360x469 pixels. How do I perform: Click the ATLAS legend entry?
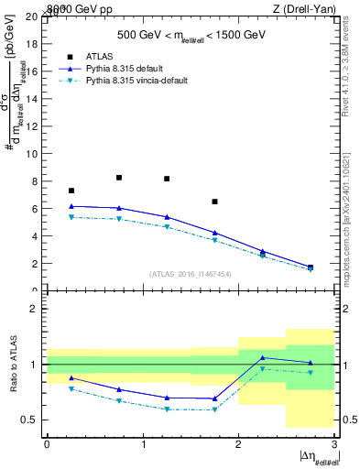(x=107, y=56)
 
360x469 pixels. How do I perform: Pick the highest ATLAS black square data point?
(x=119, y=178)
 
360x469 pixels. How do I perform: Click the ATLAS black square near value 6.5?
(x=214, y=202)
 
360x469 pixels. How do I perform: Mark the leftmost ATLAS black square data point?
(x=71, y=191)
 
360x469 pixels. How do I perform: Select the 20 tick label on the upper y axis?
(x=32, y=16)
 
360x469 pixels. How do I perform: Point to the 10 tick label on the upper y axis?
(x=32, y=154)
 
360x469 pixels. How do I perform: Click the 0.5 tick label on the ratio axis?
(x=28, y=420)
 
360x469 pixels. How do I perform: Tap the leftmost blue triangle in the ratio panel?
(x=71, y=377)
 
